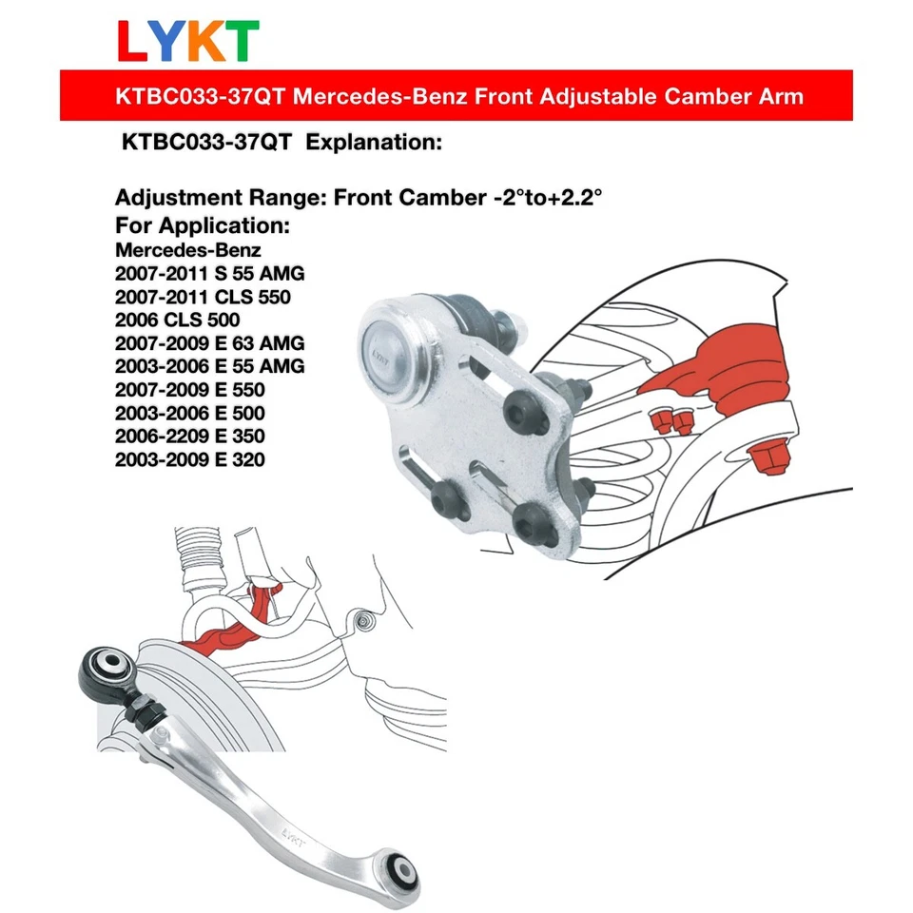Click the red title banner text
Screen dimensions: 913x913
456,96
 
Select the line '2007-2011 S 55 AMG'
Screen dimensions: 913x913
210,274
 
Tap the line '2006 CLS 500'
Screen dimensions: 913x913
177,321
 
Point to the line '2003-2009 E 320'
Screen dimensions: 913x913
190,460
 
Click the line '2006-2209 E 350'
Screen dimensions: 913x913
190,437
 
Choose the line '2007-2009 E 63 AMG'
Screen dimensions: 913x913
210,343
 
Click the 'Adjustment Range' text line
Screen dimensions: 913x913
359,200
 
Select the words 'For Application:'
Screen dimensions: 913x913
202,228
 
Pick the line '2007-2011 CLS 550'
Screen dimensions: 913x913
203,298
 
